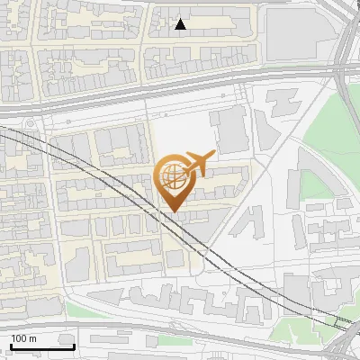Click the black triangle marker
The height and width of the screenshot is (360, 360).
click(x=181, y=24)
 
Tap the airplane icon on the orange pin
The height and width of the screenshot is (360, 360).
click(x=197, y=164)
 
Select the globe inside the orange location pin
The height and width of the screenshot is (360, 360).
click(x=173, y=175)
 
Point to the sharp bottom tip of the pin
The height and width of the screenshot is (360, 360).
click(x=174, y=212)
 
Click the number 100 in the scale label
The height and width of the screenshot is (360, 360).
click(x=20, y=338)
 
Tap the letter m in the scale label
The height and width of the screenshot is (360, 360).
click(x=33, y=338)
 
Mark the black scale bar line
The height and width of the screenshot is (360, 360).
click(x=42, y=346)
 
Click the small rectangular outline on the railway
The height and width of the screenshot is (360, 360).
click(x=343, y=320)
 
